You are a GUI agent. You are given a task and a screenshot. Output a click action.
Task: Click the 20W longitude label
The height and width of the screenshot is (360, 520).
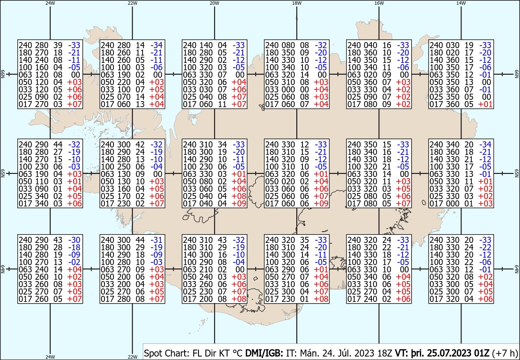tap(214, 3)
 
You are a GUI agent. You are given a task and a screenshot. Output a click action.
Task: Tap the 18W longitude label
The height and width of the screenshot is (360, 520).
tap(297, 3)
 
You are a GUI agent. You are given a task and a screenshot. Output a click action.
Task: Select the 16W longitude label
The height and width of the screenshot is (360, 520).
tap(379, 3)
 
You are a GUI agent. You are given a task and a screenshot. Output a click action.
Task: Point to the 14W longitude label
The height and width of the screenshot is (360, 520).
tap(461, 3)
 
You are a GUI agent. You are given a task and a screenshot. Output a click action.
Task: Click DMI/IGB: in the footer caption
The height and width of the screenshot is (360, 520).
tap(264, 353)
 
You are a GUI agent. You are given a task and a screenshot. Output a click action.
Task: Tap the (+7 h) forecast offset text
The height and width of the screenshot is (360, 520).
tap(505, 353)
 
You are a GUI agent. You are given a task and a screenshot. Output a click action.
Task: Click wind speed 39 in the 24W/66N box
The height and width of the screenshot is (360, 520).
tap(58, 45)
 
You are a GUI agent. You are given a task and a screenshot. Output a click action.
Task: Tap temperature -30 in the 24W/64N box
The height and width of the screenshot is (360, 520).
tap(74, 240)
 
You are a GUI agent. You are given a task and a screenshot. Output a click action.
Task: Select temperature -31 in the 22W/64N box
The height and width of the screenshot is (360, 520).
tap(156, 240)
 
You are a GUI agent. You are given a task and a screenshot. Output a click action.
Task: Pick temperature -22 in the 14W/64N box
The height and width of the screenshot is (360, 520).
tap(485, 247)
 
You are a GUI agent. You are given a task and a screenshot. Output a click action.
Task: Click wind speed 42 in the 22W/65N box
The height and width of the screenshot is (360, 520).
tap(140, 144)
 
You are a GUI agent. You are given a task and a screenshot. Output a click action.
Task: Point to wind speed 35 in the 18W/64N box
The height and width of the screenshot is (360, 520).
tap(304, 240)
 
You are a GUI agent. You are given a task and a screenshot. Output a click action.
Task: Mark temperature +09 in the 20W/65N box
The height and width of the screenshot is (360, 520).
tap(239, 203)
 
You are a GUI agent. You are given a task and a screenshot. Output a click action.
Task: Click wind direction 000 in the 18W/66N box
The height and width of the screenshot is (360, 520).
tap(288, 89)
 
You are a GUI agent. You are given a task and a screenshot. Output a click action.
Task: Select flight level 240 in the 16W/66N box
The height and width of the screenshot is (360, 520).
tap(354, 45)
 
